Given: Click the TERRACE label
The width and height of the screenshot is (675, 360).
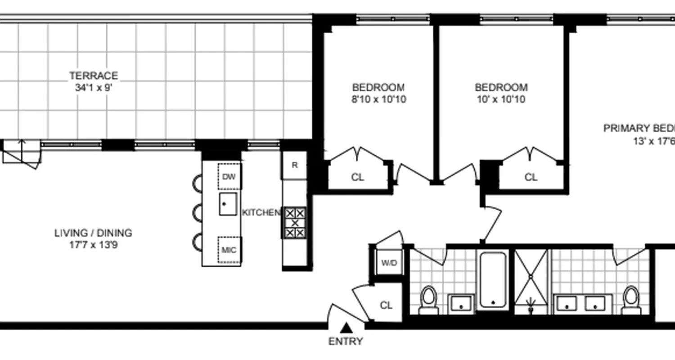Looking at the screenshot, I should click(x=94, y=76).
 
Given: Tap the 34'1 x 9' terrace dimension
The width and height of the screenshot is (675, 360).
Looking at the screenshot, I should click(x=94, y=88).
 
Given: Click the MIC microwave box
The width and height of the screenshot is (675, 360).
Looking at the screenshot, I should click(x=229, y=250).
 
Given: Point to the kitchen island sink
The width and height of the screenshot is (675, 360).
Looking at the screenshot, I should click(x=228, y=204).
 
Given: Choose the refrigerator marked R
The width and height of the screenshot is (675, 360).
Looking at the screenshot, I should click(x=294, y=165).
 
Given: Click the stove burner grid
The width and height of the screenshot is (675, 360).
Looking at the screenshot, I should click(x=295, y=223).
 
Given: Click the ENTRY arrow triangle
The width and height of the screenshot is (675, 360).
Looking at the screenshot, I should click(x=346, y=327).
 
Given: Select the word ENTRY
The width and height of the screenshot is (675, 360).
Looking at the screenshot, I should click(x=346, y=342).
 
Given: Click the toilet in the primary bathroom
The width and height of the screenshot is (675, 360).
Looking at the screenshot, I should click(x=631, y=299).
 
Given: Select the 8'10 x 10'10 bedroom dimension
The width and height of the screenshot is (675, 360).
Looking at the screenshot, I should click(x=378, y=99).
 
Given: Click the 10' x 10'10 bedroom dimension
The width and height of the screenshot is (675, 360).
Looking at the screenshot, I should click(x=501, y=99).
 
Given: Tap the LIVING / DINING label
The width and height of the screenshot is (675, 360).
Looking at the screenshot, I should click(x=94, y=233).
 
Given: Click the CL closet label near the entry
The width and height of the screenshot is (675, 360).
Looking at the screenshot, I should click(x=386, y=306).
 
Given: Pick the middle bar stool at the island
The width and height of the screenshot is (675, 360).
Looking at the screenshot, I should click(x=198, y=212).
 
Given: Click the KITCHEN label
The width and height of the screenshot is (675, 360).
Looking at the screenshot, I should click(x=261, y=212).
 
